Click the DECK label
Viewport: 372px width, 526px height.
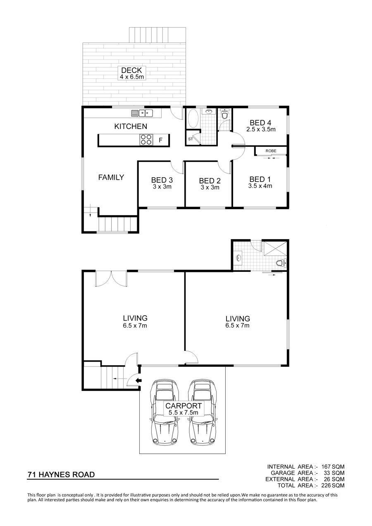[x=131, y=70]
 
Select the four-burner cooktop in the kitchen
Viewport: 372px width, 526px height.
[x=146, y=139]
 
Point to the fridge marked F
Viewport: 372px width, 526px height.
[x=161, y=140]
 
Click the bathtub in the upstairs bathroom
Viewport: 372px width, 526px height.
[x=193, y=118]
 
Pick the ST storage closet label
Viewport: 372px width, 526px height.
[x=191, y=139]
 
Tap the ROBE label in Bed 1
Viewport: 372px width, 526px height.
[x=271, y=151]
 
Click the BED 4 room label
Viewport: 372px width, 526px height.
[x=260, y=123]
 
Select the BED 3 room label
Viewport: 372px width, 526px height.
[x=162, y=180]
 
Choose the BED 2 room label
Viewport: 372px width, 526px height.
[x=210, y=181]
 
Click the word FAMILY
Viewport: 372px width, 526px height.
[x=111, y=177]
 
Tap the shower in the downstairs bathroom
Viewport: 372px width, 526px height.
[x=275, y=248]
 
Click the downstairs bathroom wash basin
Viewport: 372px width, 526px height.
[x=238, y=258]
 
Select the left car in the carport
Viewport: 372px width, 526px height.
[x=165, y=413]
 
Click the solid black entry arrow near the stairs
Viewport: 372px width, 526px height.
[x=139, y=380]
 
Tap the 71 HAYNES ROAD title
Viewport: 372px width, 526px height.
[x=61, y=475]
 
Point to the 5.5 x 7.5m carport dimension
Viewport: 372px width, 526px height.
[x=184, y=413]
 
